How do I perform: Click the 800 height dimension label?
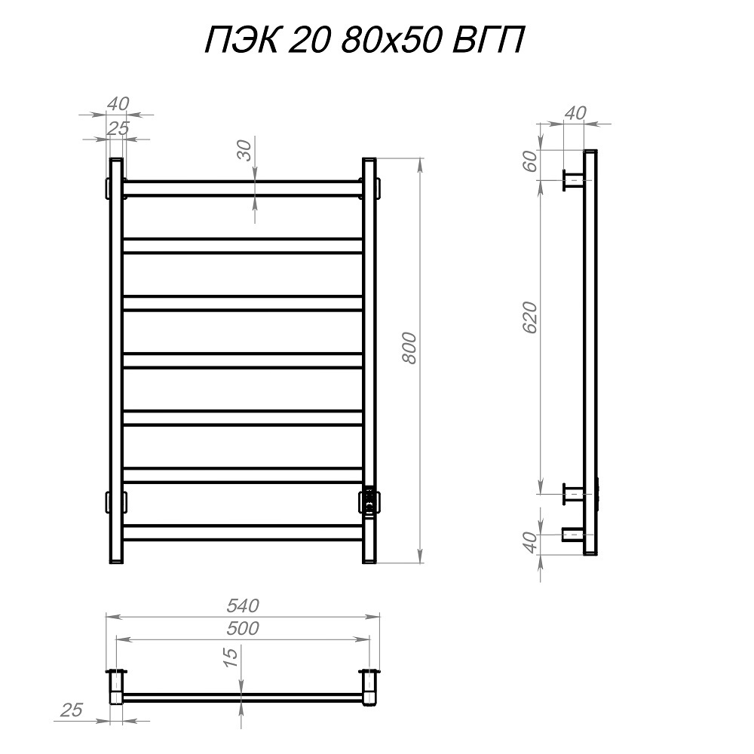click(x=409, y=348)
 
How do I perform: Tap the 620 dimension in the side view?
click(x=530, y=317)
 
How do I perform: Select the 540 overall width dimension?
click(x=243, y=606)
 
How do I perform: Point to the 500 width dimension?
click(x=243, y=629)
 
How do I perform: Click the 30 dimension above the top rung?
click(x=245, y=150)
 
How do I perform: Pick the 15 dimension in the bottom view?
click(x=231, y=657)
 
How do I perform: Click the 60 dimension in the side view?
click(x=529, y=161)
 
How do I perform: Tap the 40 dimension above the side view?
click(x=575, y=114)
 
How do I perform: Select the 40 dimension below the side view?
click(x=529, y=542)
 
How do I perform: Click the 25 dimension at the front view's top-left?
click(x=118, y=128)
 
